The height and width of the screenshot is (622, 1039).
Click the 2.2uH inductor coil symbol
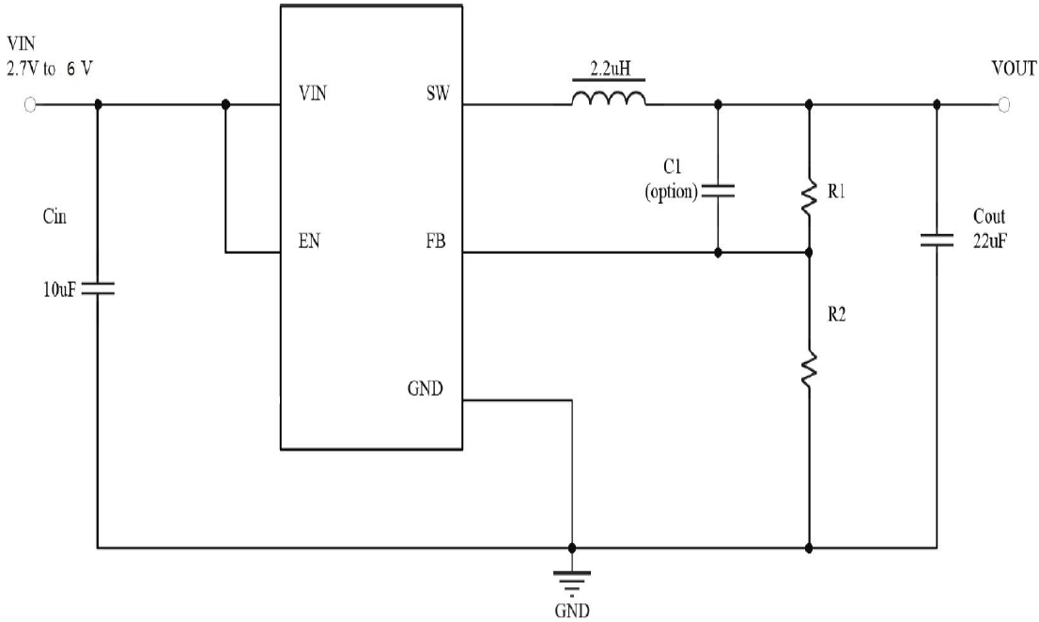(609, 98)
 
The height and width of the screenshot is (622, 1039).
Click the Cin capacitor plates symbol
(98, 289)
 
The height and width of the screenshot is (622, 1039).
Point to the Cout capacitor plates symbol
(936, 241)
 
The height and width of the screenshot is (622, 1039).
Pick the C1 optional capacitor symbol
(719, 191)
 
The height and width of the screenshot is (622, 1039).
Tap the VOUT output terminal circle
(1004, 105)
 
